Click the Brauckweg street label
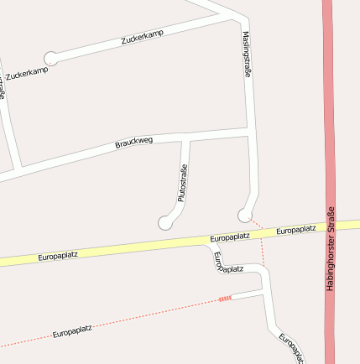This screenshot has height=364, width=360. (133, 143)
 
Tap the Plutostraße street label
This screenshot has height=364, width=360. (182, 185)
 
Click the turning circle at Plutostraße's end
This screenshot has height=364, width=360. (164, 223)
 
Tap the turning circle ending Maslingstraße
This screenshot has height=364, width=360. (244, 215)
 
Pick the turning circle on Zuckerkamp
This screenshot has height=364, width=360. (51, 58)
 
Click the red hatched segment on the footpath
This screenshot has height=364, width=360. (224, 298)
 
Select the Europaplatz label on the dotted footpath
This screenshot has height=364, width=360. (71, 334)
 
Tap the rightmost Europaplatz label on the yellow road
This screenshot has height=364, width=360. (295, 229)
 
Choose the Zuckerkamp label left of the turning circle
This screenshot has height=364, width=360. (26, 74)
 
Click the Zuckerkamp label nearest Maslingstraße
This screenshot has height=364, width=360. (142, 37)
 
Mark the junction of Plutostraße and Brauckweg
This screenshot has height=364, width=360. (185, 138)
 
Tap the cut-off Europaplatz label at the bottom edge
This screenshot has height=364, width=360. (290, 347)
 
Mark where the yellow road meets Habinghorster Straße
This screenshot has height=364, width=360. (329, 226)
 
